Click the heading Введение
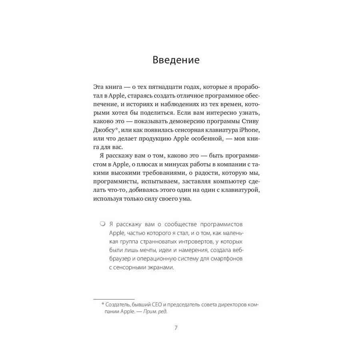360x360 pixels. (176, 60)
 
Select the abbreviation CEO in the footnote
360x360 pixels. (160, 305)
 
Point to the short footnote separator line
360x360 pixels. (114, 299)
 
